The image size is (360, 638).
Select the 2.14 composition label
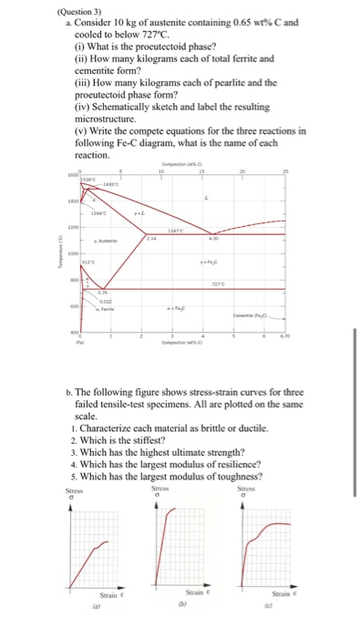(x=151, y=236)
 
